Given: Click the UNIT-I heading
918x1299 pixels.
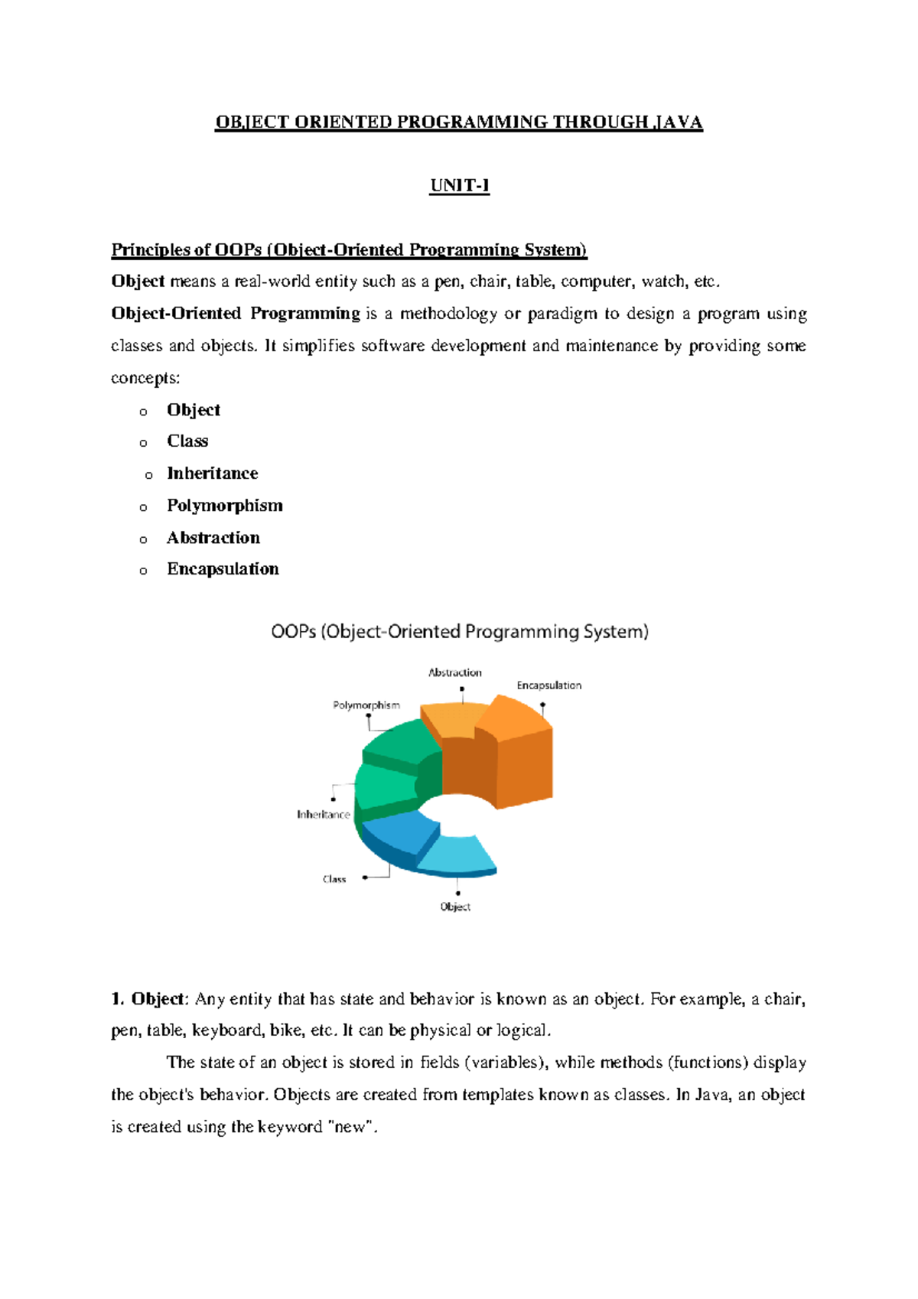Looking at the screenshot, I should (x=459, y=186).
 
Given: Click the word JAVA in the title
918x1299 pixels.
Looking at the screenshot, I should (x=678, y=122).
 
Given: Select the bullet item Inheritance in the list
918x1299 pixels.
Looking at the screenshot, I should (x=212, y=474).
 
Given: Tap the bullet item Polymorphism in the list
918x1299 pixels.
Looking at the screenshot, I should (x=224, y=506).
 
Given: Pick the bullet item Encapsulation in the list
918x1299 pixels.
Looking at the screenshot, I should (x=223, y=569).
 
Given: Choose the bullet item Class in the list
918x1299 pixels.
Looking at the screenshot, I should (x=187, y=441).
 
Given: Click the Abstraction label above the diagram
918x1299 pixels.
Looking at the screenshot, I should (x=455, y=672).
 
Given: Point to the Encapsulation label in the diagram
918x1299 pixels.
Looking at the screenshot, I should (x=549, y=685).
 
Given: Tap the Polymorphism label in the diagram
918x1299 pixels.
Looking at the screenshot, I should (x=366, y=705).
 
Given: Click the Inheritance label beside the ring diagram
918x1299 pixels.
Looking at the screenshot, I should (x=323, y=815).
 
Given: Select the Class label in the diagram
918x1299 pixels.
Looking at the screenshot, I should (x=334, y=879).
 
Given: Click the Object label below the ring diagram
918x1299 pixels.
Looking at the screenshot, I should (x=455, y=907).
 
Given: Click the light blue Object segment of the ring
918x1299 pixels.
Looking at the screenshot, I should (x=459, y=855).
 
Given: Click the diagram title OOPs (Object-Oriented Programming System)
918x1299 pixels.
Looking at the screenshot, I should (x=460, y=632).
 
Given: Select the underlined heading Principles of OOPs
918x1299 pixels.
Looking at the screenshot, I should (x=349, y=250).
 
